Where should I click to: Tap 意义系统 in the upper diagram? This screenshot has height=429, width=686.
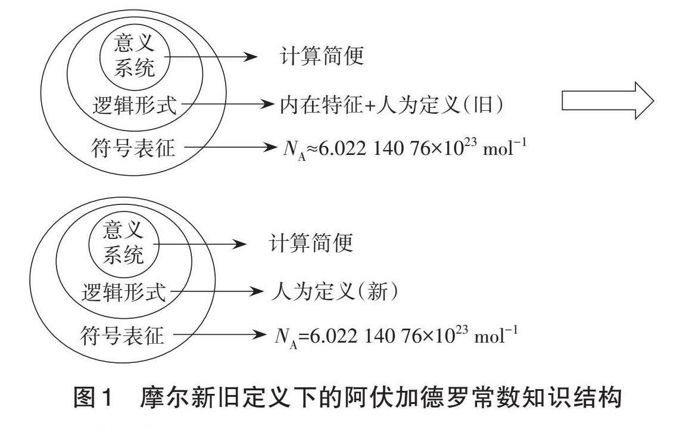click(x=135, y=57)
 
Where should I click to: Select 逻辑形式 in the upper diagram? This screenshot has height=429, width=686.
click(x=135, y=106)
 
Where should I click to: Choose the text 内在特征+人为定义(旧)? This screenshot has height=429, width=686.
click(x=392, y=105)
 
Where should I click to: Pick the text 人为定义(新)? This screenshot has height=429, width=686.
click(x=333, y=292)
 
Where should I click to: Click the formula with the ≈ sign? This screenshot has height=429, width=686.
click(x=404, y=147)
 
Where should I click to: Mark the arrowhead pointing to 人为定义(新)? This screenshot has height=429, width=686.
click(x=257, y=292)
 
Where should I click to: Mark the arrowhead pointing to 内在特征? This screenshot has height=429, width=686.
click(x=270, y=105)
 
